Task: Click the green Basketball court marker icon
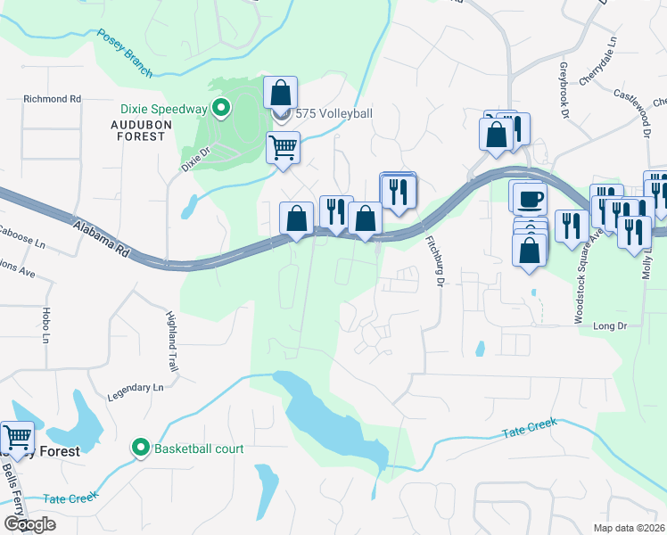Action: (x=140, y=448)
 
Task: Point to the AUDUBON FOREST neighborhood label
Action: (x=138, y=130)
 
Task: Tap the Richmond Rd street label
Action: (x=52, y=99)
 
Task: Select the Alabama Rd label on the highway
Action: (x=100, y=240)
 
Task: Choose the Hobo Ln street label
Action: (x=45, y=327)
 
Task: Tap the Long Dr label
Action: (x=611, y=327)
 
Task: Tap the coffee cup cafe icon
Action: (x=528, y=197)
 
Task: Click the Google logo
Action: (x=29, y=523)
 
